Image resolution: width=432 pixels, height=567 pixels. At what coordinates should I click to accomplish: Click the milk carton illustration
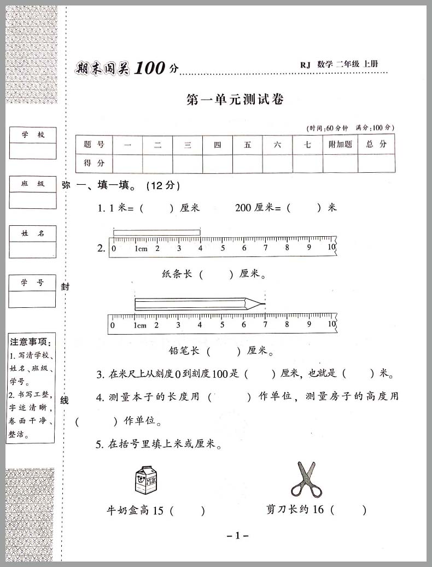coord(145,481)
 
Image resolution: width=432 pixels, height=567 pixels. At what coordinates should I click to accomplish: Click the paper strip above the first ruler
coord(156,232)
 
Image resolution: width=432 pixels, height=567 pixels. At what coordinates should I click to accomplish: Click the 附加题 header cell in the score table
coord(340,144)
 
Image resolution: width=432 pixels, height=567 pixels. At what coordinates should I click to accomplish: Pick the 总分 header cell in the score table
coord(376,144)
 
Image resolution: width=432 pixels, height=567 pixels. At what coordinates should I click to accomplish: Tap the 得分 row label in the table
coord(94,163)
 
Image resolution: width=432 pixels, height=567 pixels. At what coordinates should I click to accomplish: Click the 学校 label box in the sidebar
coord(33,135)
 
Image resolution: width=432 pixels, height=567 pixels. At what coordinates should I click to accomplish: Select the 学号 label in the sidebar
coord(33,283)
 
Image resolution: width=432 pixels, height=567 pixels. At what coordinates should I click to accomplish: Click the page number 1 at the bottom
coord(237,535)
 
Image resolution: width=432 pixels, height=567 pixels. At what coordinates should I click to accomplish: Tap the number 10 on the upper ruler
coord(331,248)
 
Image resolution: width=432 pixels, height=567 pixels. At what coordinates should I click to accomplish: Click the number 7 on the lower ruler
coord(266,324)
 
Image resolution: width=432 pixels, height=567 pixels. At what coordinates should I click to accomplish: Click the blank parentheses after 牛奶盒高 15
coord(187,511)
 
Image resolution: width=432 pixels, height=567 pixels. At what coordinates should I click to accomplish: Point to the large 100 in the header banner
coord(149,68)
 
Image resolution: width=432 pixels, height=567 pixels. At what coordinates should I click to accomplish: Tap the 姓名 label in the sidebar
coord(33,233)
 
